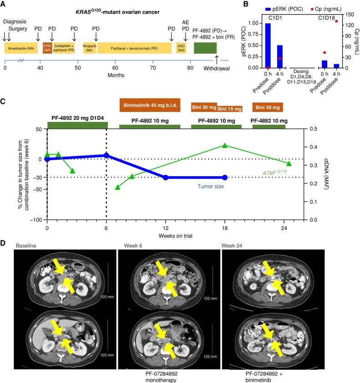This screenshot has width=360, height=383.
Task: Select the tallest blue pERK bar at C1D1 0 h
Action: (x=268, y=46)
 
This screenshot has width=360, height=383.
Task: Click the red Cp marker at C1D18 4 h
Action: (x=336, y=21)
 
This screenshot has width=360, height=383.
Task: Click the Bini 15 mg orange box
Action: (x=230, y=109)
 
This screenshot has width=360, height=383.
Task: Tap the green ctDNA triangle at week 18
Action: (x=225, y=145)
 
